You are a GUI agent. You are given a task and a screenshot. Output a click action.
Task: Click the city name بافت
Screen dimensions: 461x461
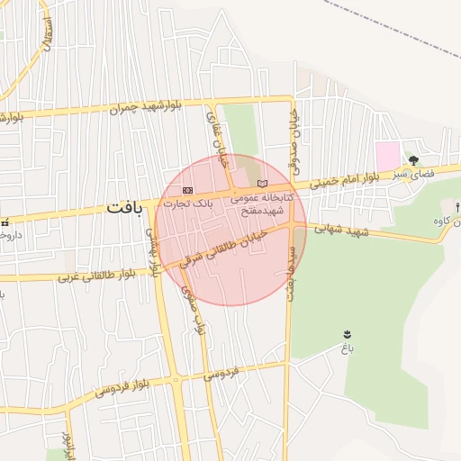tap(124, 207)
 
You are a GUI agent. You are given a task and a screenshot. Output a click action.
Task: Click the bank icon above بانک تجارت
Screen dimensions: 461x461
tap(188, 190)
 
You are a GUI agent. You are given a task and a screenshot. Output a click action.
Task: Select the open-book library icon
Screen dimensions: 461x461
tap(262, 184)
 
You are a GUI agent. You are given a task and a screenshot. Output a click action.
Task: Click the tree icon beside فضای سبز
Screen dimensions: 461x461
tap(413, 160)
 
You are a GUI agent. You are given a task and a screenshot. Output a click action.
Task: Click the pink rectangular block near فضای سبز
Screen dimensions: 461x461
tap(387, 155)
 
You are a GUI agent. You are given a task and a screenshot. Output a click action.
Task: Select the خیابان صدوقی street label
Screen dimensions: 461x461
tap(294, 140)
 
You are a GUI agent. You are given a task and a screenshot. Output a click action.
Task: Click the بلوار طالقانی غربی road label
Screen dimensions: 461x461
tap(95, 276)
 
